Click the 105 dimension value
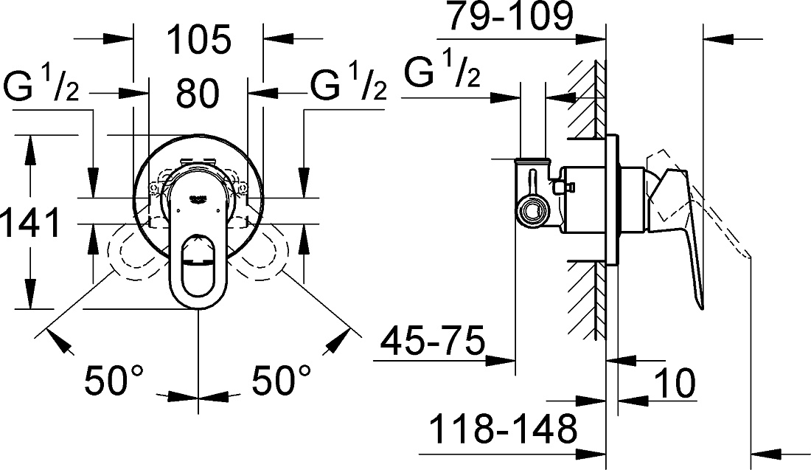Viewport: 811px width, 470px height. click(199, 40)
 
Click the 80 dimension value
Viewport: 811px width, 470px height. click(198, 94)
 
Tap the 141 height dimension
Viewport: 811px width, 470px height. click(30, 222)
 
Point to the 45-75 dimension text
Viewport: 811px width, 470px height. click(433, 340)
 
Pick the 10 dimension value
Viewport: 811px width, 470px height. click(675, 383)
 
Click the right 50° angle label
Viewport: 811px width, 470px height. click(282, 379)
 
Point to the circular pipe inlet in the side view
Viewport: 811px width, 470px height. click(533, 212)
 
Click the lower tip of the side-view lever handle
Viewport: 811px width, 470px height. click(701, 308)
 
